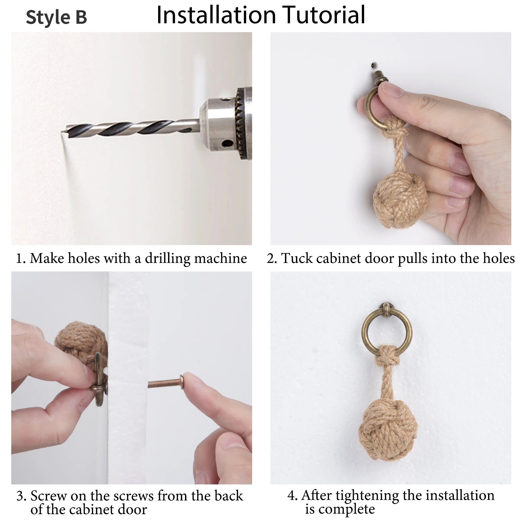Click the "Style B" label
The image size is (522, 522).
56,17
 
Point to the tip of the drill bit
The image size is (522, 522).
62,132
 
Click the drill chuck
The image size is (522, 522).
227,123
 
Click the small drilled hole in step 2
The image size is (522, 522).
374,65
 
